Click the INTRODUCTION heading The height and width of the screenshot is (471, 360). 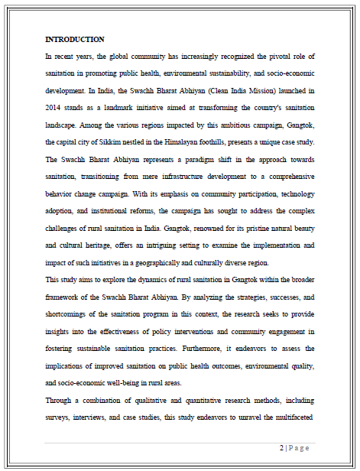pos(75,39)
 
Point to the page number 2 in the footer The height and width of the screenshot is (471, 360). pos(281,449)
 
